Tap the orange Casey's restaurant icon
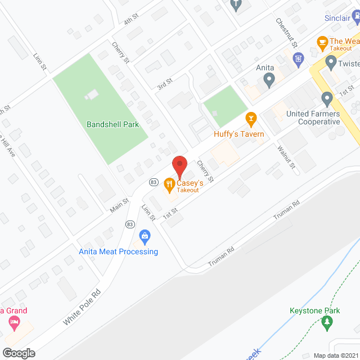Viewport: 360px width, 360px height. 168,184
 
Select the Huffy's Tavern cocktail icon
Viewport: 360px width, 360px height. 251,118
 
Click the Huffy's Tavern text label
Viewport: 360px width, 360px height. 239,134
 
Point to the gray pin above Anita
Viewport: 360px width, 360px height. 269,81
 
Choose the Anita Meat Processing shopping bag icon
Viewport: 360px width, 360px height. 145,236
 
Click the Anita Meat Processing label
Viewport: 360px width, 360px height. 119,251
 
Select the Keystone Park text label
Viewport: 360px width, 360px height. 316,310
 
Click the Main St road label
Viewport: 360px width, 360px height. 119,205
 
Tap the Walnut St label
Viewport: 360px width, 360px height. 286,156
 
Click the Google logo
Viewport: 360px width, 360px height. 18,353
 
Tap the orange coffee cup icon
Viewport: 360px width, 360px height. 322,41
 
